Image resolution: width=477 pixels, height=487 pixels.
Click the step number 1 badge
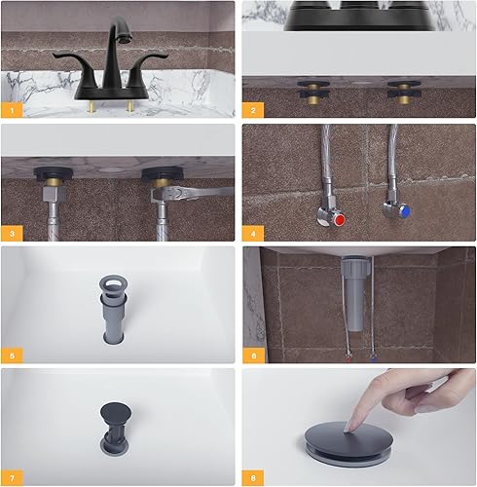point(11,109)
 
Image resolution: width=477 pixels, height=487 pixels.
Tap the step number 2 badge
point(252,109)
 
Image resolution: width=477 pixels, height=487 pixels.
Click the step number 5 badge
point(11,356)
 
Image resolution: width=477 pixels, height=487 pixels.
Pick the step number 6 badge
point(252,356)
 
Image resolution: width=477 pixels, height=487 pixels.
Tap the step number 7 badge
point(11,476)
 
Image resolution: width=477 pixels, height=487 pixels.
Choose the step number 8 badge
point(252,476)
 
